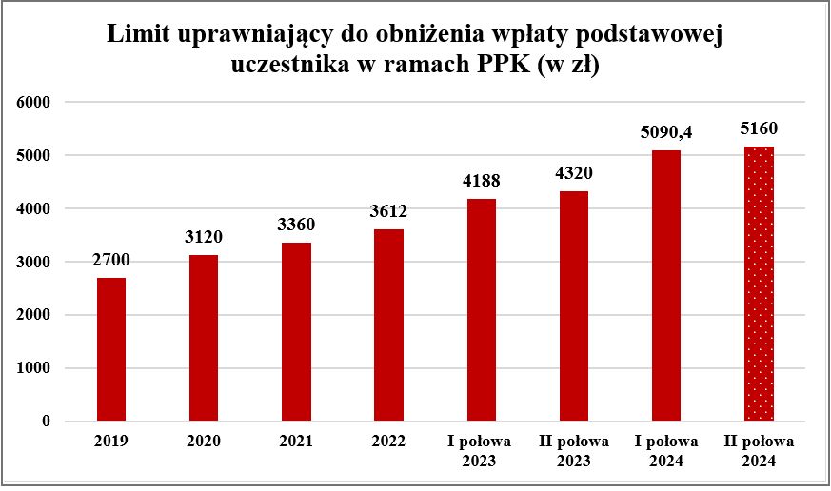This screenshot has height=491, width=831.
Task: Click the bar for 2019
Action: (x=111, y=349)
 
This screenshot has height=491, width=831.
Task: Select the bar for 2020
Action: (x=204, y=338)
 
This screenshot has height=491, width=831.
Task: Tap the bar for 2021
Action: (x=296, y=331)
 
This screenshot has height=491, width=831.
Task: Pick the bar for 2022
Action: (x=388, y=324)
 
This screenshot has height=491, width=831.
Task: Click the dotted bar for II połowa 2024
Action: (x=759, y=284)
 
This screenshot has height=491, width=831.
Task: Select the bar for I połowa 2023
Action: (x=481, y=309)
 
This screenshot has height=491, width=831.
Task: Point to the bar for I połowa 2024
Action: (x=666, y=285)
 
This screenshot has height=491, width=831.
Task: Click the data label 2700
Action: (x=111, y=260)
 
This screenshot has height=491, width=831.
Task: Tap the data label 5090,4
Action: (x=666, y=132)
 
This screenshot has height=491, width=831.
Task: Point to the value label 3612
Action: (x=388, y=211)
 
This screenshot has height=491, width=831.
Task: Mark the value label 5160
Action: (x=759, y=128)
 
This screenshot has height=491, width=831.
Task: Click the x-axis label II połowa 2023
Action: (x=573, y=451)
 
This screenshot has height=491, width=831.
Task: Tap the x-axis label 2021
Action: (x=296, y=442)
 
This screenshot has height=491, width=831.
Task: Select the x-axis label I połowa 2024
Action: (x=666, y=451)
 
